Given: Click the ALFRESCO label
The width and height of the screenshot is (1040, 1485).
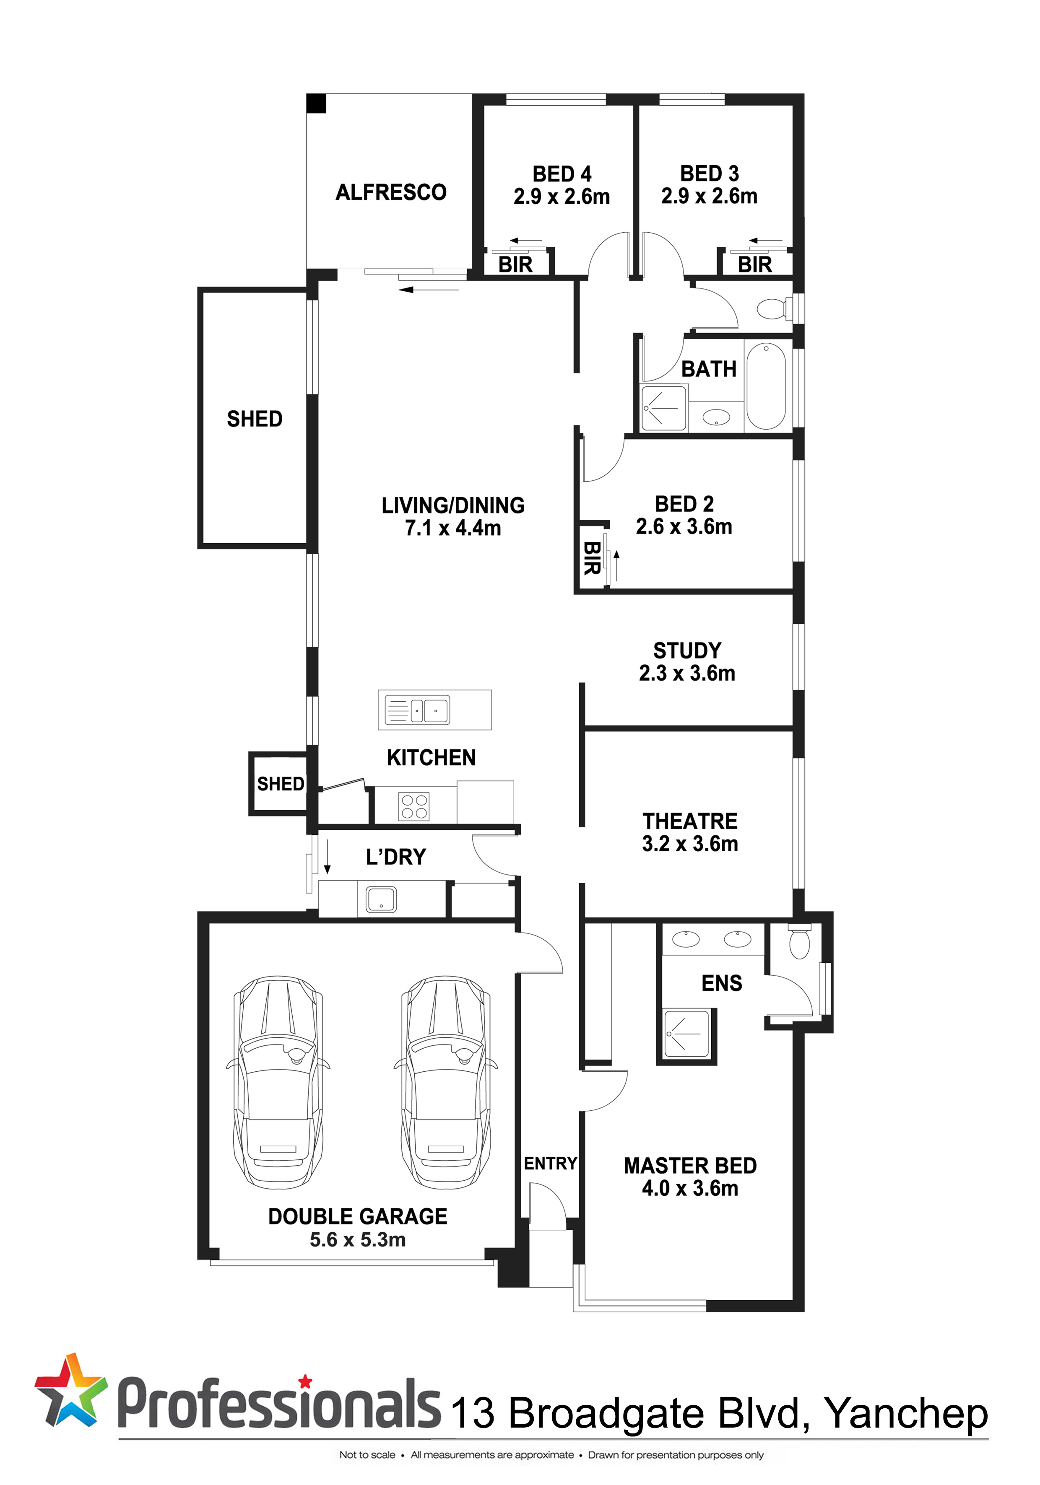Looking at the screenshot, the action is pos(391,192).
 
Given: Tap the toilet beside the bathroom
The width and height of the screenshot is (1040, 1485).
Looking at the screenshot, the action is pos(774,308).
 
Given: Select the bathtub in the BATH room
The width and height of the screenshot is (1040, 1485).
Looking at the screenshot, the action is pos(766,386).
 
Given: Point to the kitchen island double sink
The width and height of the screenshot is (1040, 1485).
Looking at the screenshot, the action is pos(417,710).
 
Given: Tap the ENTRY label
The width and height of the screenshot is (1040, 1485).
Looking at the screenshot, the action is pos(550,1164).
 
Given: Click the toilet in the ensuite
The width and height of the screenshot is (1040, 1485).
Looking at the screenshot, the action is pos(800,942).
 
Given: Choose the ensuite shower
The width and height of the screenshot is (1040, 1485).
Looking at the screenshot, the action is pos(686,1034).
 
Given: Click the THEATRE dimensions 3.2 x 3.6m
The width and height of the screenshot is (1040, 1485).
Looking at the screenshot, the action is pos(690,843).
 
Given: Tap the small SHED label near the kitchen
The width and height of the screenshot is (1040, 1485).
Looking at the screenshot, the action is pos(280,784).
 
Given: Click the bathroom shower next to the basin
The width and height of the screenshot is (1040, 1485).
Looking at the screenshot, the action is pos(663,408).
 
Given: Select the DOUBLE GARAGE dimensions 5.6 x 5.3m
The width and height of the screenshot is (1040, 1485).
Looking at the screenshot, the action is pos(358,1239).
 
